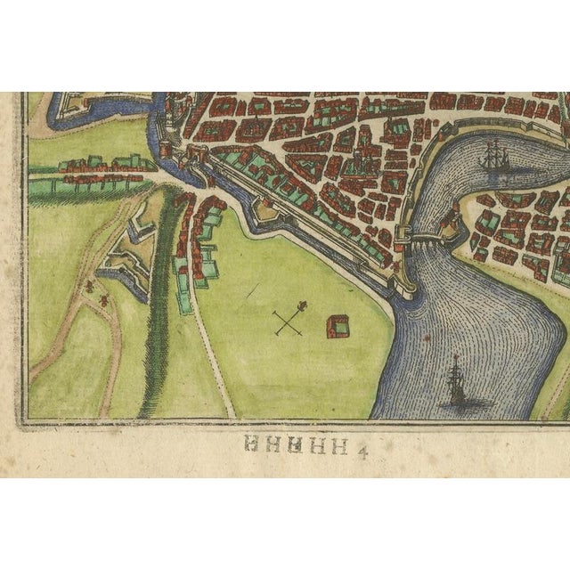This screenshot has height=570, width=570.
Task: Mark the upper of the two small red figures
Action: click(89, 285)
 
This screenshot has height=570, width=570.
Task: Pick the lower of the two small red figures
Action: click(104, 297)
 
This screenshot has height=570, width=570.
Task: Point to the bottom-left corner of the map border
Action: click(24, 420)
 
